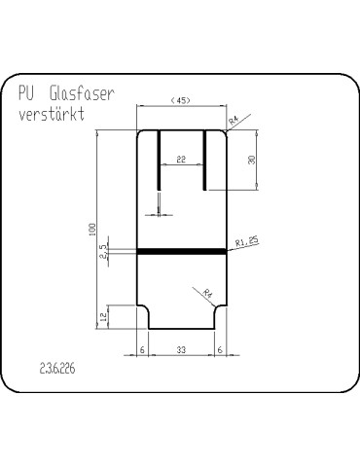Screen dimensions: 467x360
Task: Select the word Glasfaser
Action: (83, 94)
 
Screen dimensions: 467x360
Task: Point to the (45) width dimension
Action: (180, 100)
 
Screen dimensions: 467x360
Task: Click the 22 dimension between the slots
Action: (181, 158)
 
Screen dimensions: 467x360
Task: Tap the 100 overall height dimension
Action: (92, 229)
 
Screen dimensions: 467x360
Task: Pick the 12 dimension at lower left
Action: (103, 316)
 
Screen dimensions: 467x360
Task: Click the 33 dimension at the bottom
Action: (181, 347)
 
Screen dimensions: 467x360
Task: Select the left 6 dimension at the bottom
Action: (142, 347)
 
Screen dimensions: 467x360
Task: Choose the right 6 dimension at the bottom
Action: (220, 347)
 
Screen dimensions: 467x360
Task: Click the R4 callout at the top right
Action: (234, 120)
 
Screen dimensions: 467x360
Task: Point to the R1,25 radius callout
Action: (246, 242)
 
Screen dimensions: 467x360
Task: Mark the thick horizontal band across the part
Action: (181, 251)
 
